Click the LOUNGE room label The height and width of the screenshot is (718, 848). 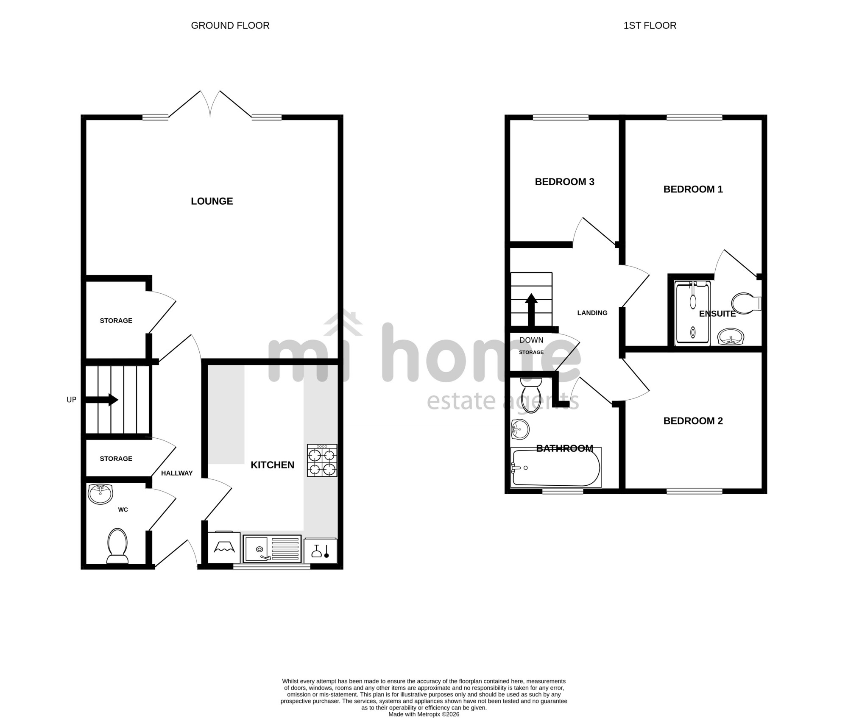pos(212,201)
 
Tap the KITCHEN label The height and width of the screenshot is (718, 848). pos(272,465)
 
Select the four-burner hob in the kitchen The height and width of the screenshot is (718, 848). pos(322,460)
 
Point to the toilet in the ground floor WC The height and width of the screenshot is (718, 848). pos(117,546)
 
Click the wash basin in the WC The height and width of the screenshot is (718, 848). pos(100,494)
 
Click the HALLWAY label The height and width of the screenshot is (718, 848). pos(177,473)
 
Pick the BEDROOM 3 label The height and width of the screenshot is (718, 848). pos(564,182)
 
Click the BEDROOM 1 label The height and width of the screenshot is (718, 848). pos(693,189)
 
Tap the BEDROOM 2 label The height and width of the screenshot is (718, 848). pos(693,421)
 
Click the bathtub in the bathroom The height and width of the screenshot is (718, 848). pos(556,468)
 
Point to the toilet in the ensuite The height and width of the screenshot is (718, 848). pos(747,303)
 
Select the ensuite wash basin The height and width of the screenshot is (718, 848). pos(731,337)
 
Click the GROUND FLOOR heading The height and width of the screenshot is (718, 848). pos(230,26)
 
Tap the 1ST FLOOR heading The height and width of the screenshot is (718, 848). pos(650,26)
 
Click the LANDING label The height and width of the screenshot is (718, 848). pos(592,313)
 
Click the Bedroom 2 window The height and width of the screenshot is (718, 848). pos(694,491)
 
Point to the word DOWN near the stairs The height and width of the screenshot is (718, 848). pos(531,340)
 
